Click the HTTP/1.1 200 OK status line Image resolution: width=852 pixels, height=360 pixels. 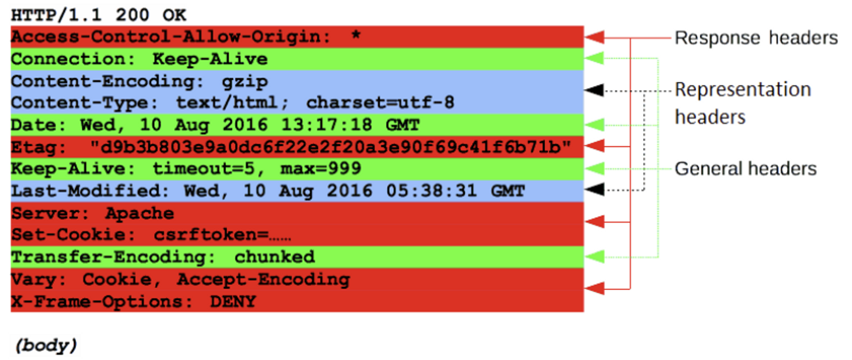point(98,15)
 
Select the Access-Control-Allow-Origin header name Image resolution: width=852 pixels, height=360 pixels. point(166,37)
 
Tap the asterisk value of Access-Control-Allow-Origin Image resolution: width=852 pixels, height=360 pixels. point(356,35)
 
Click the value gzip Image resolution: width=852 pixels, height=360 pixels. point(245,81)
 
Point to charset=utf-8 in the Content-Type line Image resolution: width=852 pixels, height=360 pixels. point(380,103)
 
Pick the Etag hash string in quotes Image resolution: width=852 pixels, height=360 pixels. point(330,147)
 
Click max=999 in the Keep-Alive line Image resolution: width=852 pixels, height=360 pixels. point(320,169)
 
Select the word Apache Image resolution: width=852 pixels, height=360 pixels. point(140,213)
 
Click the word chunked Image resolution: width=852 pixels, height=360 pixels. point(274,257)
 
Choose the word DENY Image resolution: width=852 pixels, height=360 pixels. point(233,302)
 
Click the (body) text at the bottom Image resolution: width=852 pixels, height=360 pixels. point(46,345)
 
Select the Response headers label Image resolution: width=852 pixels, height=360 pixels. point(756,38)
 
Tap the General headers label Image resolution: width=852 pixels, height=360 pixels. point(745,169)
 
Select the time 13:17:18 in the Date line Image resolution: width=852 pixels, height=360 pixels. point(326,125)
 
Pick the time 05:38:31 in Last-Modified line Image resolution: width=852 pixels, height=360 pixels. point(431,191)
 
